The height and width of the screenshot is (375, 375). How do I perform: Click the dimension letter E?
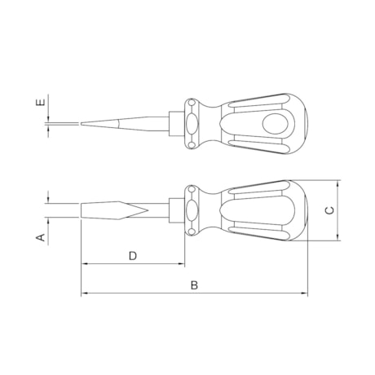[x=38, y=104]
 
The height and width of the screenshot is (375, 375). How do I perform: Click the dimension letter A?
[x=38, y=237]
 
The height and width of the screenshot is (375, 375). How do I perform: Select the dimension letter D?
[x=132, y=256]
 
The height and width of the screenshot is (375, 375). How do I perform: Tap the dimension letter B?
[x=193, y=285]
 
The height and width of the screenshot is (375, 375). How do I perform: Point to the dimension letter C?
[x=329, y=210]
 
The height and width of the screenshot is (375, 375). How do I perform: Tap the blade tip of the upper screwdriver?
[x=82, y=124]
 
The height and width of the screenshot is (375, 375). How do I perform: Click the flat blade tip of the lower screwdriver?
[x=82, y=210]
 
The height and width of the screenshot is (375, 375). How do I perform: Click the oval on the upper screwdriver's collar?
[x=192, y=124]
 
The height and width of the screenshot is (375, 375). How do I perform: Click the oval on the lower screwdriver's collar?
[x=192, y=210]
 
